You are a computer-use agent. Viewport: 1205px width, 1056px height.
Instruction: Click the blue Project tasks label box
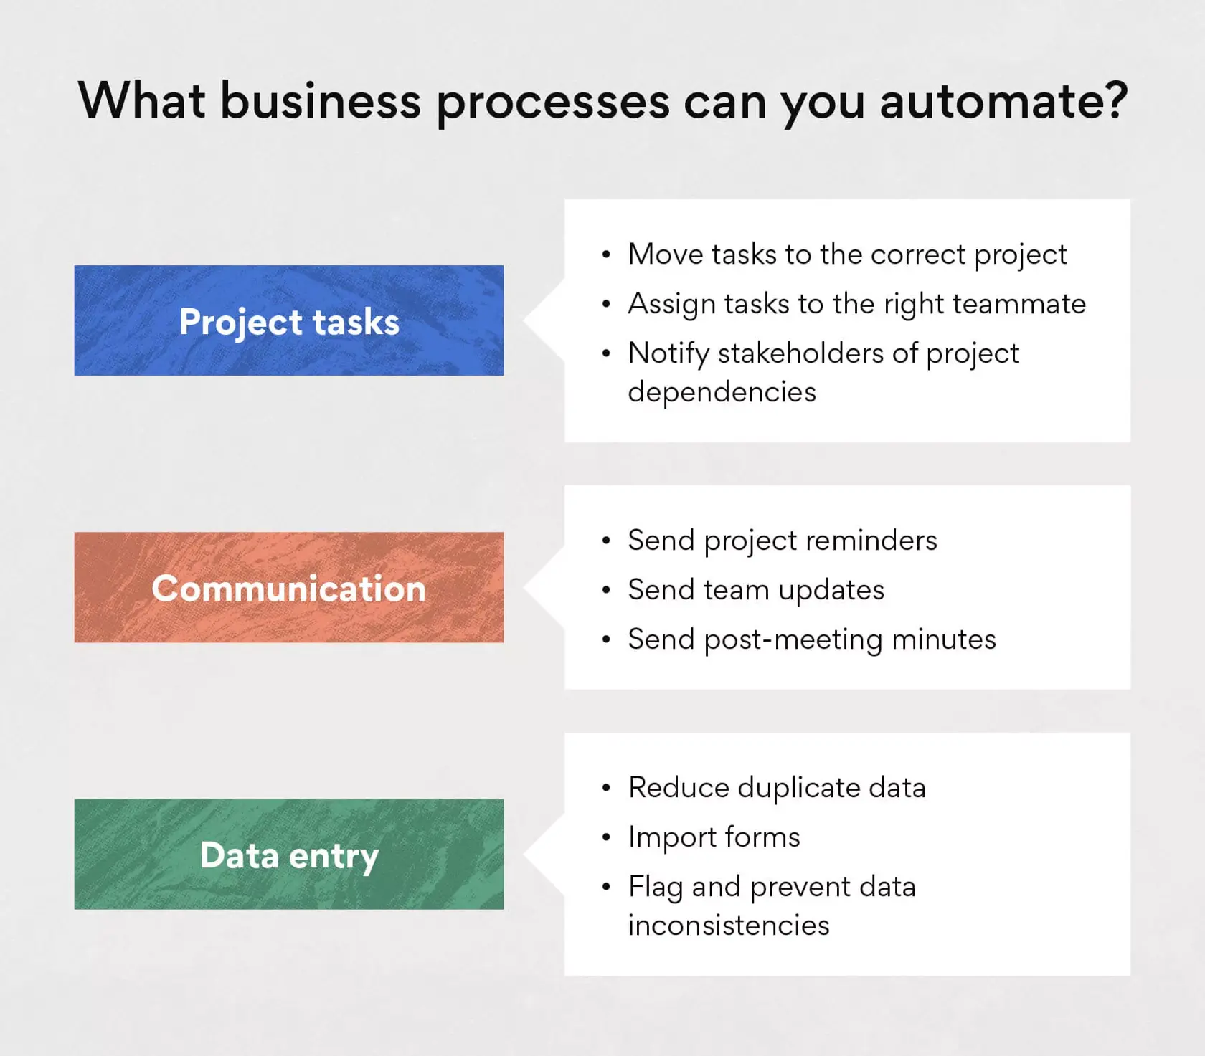288,320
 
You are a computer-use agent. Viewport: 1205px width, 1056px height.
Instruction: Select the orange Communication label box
288,587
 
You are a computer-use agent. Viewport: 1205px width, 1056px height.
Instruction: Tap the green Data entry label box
288,855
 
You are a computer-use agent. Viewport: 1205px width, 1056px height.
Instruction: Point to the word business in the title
320,101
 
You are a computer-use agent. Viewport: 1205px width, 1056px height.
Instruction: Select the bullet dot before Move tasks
607,255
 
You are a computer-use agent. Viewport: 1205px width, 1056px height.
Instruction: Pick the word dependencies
722,393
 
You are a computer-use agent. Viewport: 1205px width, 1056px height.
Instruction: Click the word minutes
944,639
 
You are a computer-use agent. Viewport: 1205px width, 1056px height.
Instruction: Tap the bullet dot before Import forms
607,838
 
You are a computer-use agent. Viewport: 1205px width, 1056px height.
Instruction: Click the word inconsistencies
729,926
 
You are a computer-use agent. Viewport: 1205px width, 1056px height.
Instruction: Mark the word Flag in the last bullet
655,888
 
